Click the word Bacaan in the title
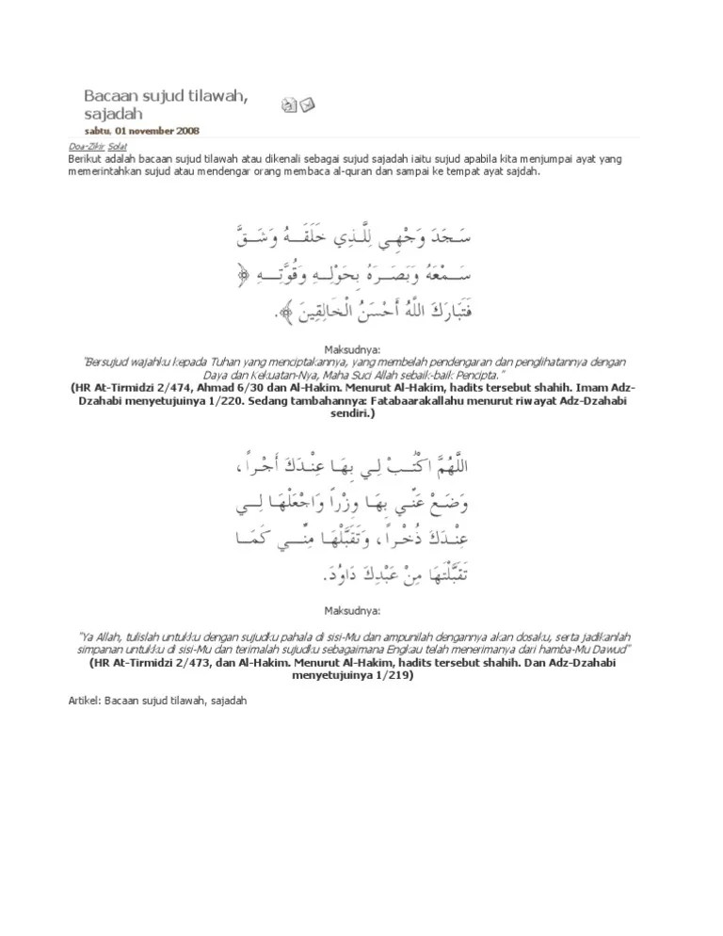pyautogui.click(x=108, y=97)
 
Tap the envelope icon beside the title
pyautogui.click(x=307, y=105)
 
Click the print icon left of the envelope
pyautogui.click(x=289, y=105)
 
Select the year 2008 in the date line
pyautogui.click(x=187, y=131)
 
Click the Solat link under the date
pyautogui.click(x=118, y=147)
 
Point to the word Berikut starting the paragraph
pyautogui.click(x=84, y=160)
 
